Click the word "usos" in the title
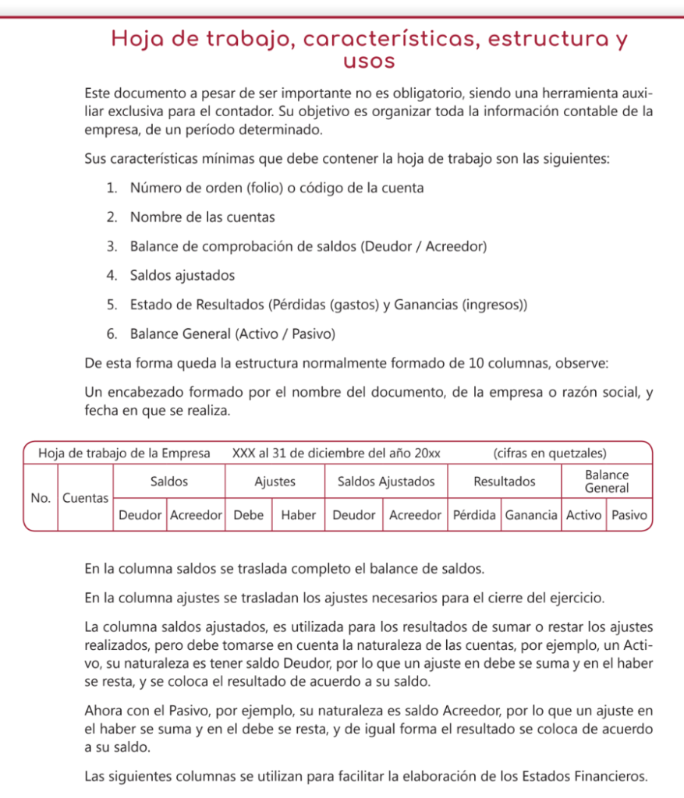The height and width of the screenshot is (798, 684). point(369,61)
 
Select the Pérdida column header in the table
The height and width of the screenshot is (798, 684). point(475,515)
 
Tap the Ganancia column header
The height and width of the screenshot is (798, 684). point(531,515)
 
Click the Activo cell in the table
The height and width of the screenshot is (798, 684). point(583,515)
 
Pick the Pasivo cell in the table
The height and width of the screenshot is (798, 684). point(629,515)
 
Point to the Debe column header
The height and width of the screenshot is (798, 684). point(249,515)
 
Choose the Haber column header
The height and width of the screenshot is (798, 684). point(298,515)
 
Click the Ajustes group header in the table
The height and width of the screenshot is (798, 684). point(275,482)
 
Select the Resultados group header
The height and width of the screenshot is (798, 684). point(505,482)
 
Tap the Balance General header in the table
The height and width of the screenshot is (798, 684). point(607,482)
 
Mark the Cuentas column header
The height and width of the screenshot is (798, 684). point(85,497)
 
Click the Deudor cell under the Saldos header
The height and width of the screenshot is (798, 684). point(140,515)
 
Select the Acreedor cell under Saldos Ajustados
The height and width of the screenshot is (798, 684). point(415,515)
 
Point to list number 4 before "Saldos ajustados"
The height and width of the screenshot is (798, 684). point(112,275)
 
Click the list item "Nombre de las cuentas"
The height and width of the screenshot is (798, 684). point(203,217)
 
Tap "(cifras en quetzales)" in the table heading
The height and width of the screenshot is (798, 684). point(550,453)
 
